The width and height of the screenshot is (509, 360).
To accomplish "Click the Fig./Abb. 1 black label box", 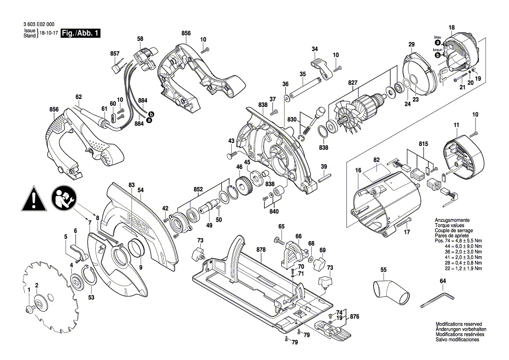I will coord(81,33).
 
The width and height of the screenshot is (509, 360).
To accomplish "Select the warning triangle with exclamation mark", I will coord(33,199).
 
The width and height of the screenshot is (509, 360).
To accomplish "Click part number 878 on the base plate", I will coord(261,250).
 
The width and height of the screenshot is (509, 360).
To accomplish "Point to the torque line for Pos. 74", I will coord(458,241).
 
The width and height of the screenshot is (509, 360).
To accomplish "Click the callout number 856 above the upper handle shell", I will coord(186,33).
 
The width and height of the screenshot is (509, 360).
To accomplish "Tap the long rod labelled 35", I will coord(305,87).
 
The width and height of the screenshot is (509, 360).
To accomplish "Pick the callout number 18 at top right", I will coord(452,28).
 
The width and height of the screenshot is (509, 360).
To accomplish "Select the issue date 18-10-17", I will coord(48,33).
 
